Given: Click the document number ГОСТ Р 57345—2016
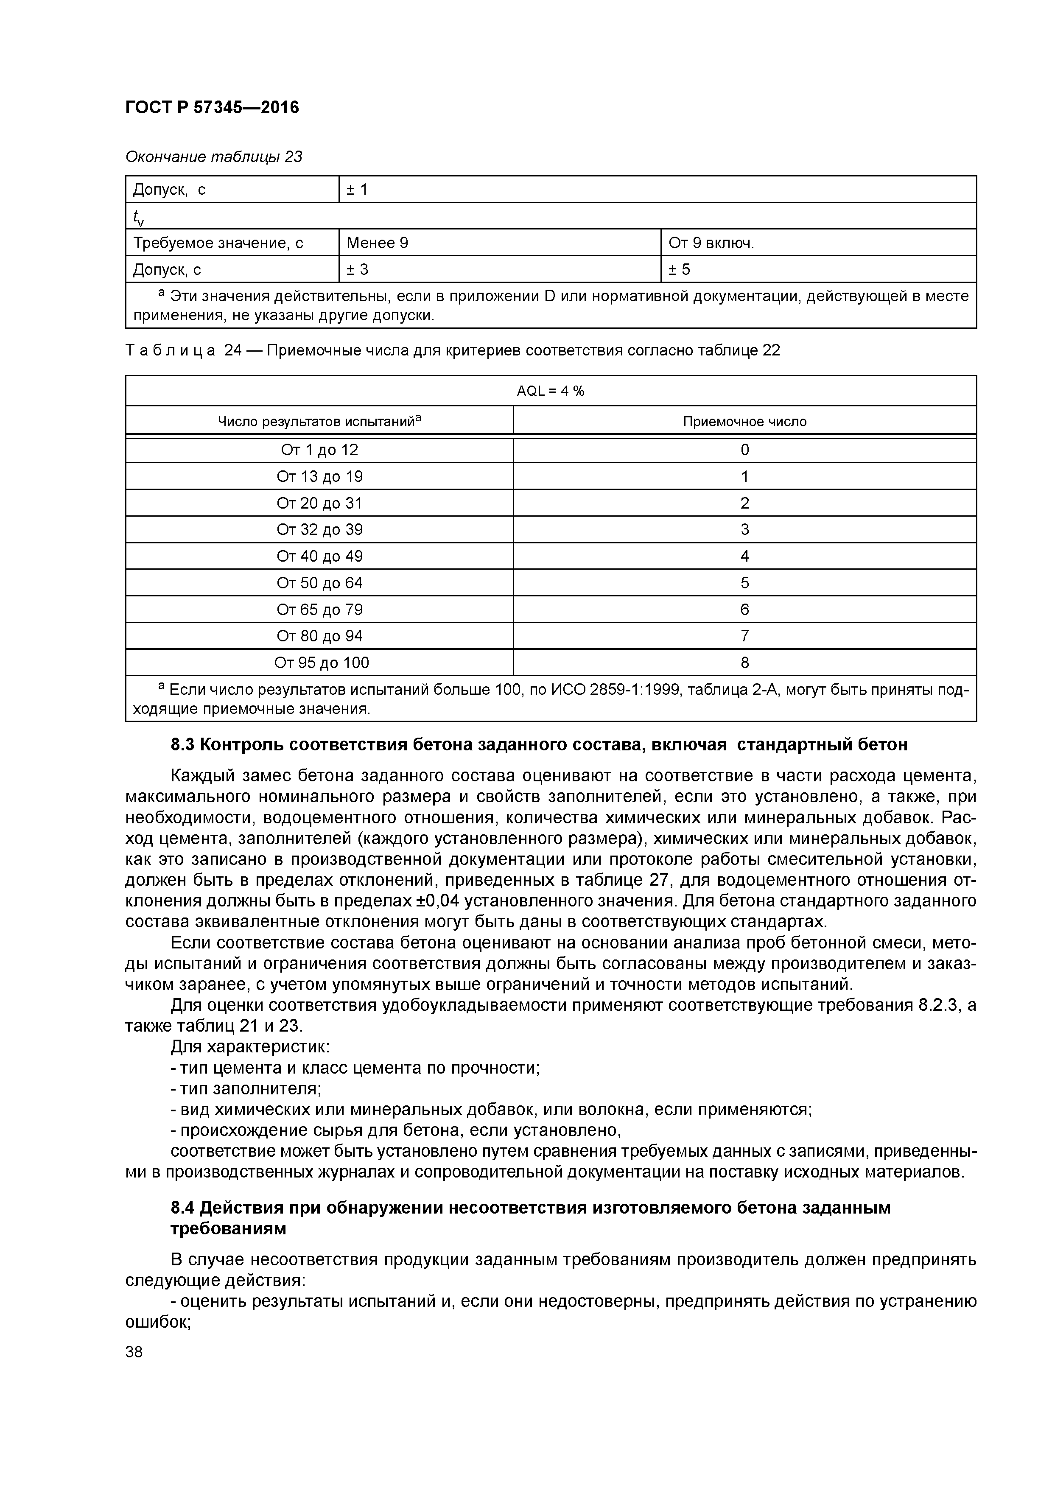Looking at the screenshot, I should [212, 108].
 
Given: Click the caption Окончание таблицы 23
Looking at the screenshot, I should [214, 157].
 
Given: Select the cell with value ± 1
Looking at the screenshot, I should [357, 189].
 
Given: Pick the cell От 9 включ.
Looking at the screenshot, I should [711, 243].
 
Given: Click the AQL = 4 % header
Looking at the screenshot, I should [550, 391].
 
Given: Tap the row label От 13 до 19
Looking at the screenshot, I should [319, 476].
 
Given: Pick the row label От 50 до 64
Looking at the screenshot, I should [319, 583].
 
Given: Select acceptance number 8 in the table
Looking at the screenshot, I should [745, 662].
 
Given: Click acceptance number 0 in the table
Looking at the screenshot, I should [745, 450].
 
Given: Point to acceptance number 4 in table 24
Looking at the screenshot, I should [745, 556].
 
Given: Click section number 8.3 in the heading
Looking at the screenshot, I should [183, 745].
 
